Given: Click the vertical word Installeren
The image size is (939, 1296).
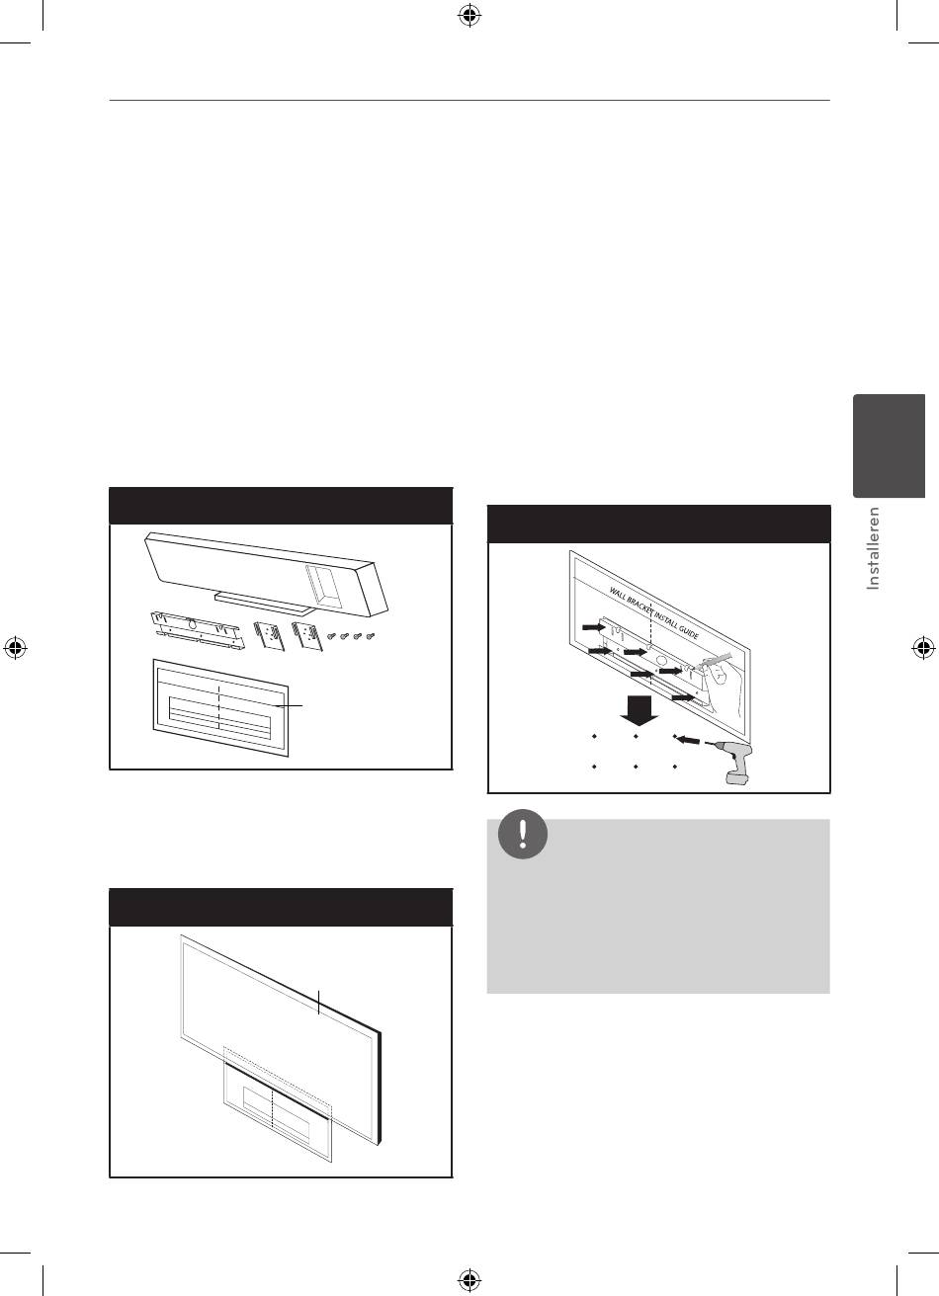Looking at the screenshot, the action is point(873,548).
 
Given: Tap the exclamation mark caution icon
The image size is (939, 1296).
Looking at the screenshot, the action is point(523,834).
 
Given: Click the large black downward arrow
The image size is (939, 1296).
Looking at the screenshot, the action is point(640,710).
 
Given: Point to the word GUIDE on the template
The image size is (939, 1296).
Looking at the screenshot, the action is point(687,630).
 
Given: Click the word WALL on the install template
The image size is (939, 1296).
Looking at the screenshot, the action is point(618,594).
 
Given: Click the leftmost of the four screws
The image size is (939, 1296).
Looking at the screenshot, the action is point(332,636).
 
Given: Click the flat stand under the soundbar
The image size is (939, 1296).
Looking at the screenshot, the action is point(264,603).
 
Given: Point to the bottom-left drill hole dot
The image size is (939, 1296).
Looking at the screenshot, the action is point(595,767).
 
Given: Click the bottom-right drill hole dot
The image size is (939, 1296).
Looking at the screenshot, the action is point(675,767).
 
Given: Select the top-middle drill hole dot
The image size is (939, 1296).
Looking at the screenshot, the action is point(636,737).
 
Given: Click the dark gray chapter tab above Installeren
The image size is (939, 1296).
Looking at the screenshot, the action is point(889,445).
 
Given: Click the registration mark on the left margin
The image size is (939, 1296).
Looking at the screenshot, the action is point(15,648).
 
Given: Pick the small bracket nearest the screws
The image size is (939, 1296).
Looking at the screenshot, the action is point(304,635).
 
